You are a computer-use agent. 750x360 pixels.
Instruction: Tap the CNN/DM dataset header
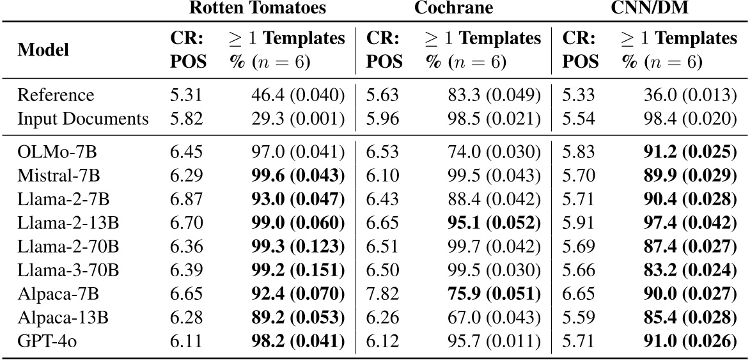click(x=650, y=8)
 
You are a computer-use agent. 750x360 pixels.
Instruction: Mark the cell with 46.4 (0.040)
click(x=297, y=95)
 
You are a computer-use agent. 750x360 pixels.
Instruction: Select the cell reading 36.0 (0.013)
click(x=689, y=95)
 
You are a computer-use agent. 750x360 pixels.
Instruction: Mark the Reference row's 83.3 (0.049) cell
click(x=493, y=95)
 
